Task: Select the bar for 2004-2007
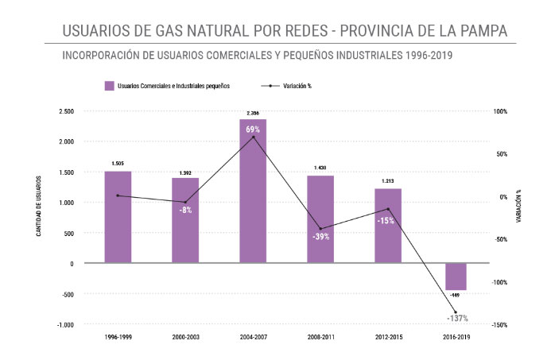[253, 191]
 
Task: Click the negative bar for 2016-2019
[456, 277]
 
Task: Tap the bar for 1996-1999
[118, 216]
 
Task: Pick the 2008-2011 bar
[320, 219]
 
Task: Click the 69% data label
[253, 129]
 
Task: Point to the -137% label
[456, 319]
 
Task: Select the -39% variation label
[320, 237]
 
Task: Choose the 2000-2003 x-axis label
[185, 338]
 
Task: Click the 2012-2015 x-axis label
[388, 338]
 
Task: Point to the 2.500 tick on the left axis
[66, 111]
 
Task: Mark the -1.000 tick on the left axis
[64, 325]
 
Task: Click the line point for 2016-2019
[456, 312]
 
